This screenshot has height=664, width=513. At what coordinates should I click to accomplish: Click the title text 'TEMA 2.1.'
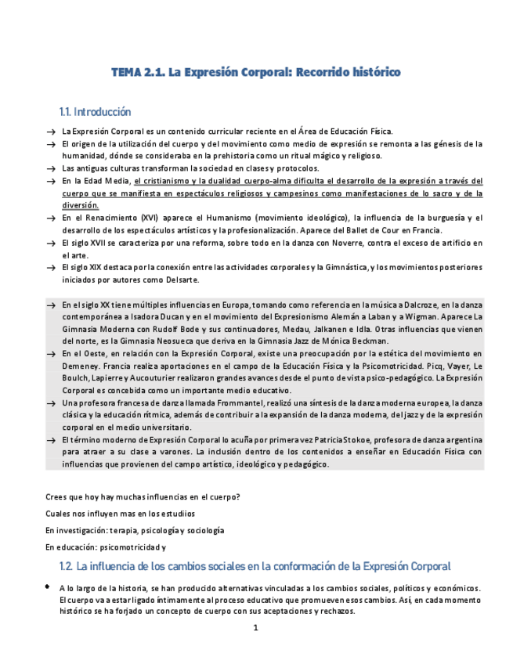(138, 73)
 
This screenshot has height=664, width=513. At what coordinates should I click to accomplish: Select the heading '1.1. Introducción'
(95, 112)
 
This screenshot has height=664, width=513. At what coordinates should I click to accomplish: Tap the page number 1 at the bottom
(255, 628)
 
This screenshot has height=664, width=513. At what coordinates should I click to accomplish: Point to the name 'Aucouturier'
(132, 378)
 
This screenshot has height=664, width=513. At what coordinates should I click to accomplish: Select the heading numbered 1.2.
(255, 566)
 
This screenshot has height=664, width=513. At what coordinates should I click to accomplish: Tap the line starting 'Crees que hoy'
(143, 496)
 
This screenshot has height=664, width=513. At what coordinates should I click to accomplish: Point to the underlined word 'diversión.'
(81, 205)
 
